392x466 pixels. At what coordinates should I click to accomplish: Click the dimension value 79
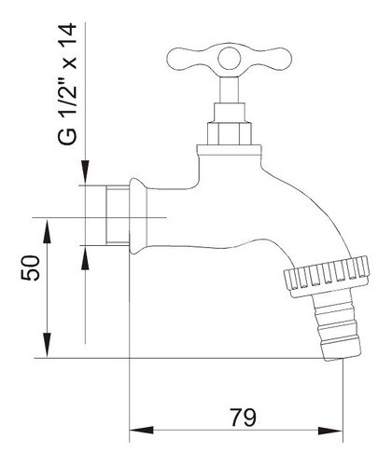click(244, 417)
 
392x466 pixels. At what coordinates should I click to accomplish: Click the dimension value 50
click(31, 267)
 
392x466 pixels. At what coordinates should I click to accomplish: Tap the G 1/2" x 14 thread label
click(67, 84)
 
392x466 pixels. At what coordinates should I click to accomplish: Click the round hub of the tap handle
click(230, 59)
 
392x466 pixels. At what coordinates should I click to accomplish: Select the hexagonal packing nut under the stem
click(230, 133)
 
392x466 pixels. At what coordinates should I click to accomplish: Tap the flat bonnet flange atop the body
click(229, 150)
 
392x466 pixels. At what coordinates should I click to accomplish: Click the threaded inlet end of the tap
click(118, 215)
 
